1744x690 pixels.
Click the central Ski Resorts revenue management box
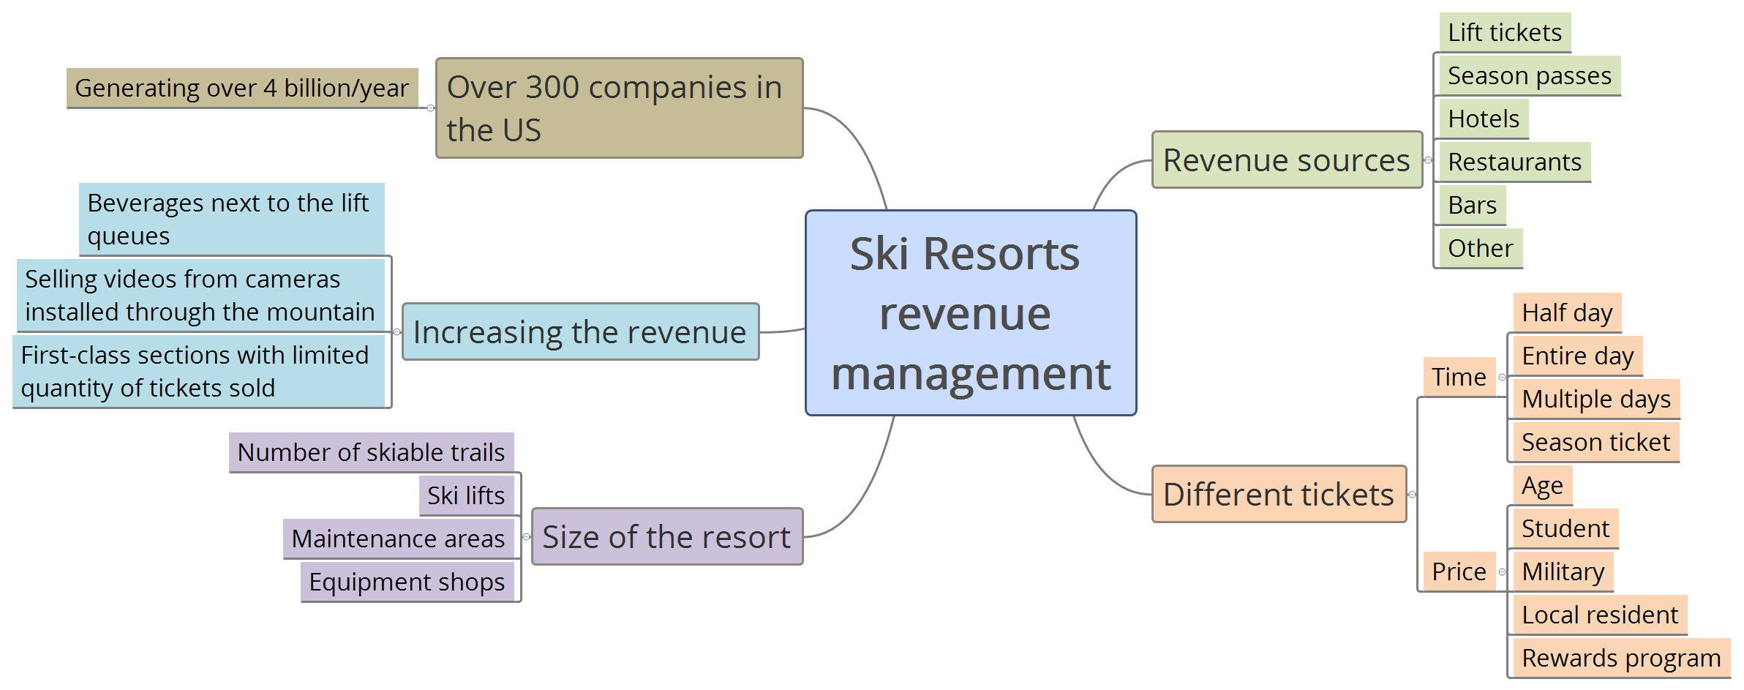click(x=971, y=313)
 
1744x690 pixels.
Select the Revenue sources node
click(x=1287, y=160)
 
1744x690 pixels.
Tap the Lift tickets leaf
click(x=1504, y=33)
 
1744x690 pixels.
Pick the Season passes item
click(x=1529, y=76)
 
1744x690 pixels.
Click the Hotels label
click(x=1483, y=119)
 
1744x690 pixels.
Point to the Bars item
click(x=1472, y=206)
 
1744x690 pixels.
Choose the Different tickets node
click(x=1278, y=495)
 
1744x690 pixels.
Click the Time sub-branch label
click(x=1459, y=378)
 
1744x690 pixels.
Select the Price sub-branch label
click(x=1459, y=572)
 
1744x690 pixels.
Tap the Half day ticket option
click(x=1566, y=313)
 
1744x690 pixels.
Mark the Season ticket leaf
click(x=1595, y=443)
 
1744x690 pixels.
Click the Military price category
click(x=1563, y=572)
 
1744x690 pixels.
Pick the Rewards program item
click(x=1620, y=659)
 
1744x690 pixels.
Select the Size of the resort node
click(x=666, y=537)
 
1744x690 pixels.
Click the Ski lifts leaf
click(x=466, y=496)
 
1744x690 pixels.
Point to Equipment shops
click(x=407, y=582)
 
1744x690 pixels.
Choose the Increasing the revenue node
click(x=580, y=332)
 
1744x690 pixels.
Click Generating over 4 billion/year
click(x=242, y=89)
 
